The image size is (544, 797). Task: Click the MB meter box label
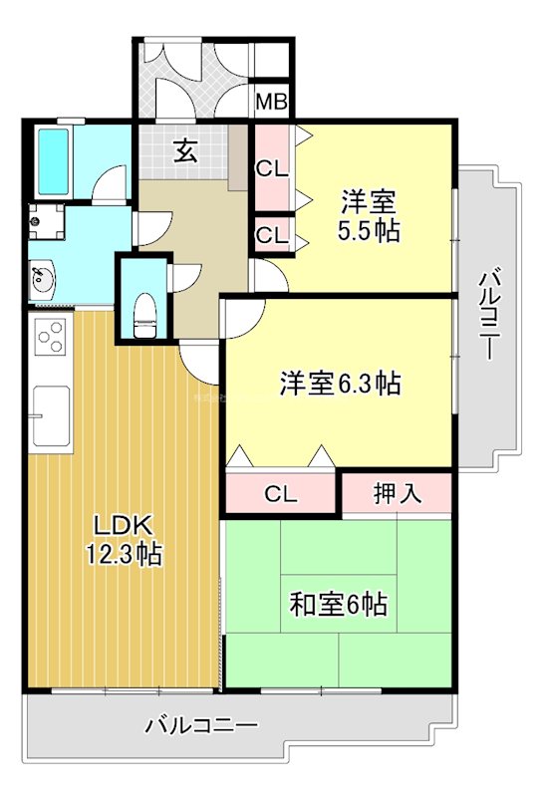coord(271,103)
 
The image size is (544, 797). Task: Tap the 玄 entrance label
coord(185,151)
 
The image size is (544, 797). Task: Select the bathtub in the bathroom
coord(54,161)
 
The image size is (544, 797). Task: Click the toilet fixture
coord(144,317)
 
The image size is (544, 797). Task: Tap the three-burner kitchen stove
coord(51,337)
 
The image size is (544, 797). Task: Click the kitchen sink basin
coord(51,415)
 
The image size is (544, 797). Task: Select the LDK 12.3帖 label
coord(124,540)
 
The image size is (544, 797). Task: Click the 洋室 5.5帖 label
coord(369,216)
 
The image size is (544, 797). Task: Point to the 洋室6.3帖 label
coord(340,384)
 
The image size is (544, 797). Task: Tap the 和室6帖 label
coord(339,604)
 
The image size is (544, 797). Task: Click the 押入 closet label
coord(398,492)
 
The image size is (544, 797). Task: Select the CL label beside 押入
coord(281,494)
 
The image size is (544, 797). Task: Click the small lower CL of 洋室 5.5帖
coord(272,235)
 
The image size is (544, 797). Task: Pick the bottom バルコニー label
coord(201,725)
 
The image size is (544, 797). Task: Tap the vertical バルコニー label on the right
coord(486,315)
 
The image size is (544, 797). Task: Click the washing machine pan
coord(46,221)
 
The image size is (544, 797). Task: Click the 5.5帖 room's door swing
coord(271,276)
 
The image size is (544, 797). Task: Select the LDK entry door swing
coord(200,364)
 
